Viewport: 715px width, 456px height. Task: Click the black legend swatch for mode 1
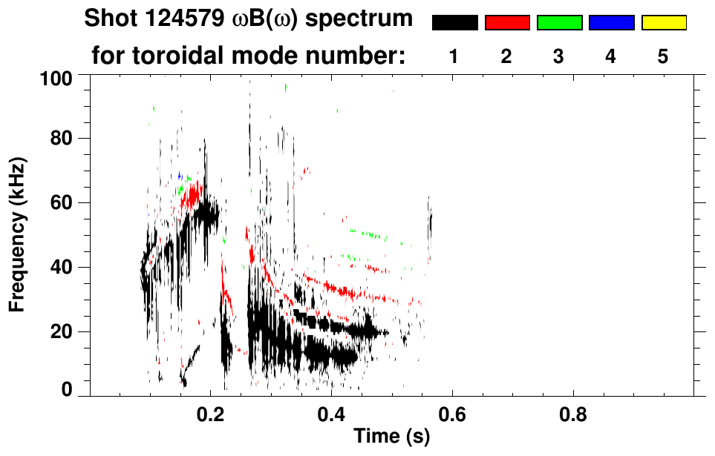pos(454,23)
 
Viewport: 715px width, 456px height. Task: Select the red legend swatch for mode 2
pos(507,23)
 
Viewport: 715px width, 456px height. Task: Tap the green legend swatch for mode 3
pos(559,23)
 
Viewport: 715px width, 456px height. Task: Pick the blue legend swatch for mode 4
pos(611,23)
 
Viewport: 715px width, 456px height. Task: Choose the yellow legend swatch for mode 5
pos(663,23)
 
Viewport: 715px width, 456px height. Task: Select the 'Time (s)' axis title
pos(391,437)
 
